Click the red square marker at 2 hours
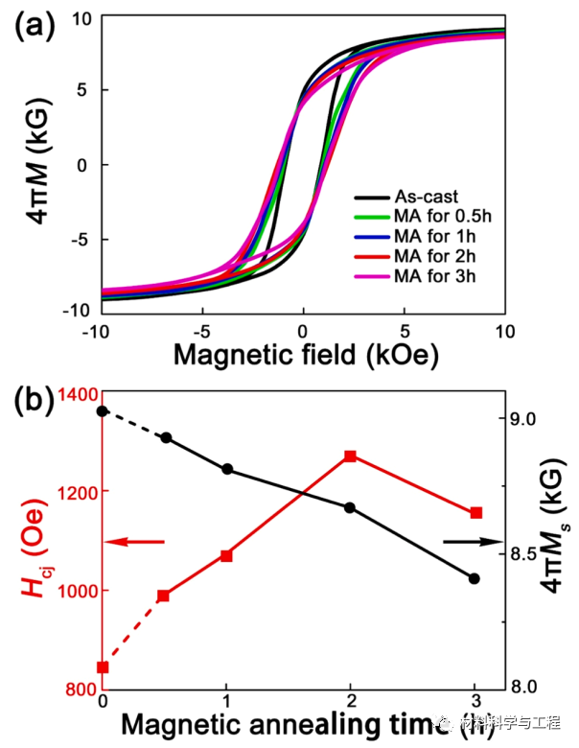point(351,456)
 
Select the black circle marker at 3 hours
point(475,578)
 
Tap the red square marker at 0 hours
point(103,667)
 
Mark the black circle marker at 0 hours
point(103,410)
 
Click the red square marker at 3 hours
point(475,513)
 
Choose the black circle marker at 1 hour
point(226,469)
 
